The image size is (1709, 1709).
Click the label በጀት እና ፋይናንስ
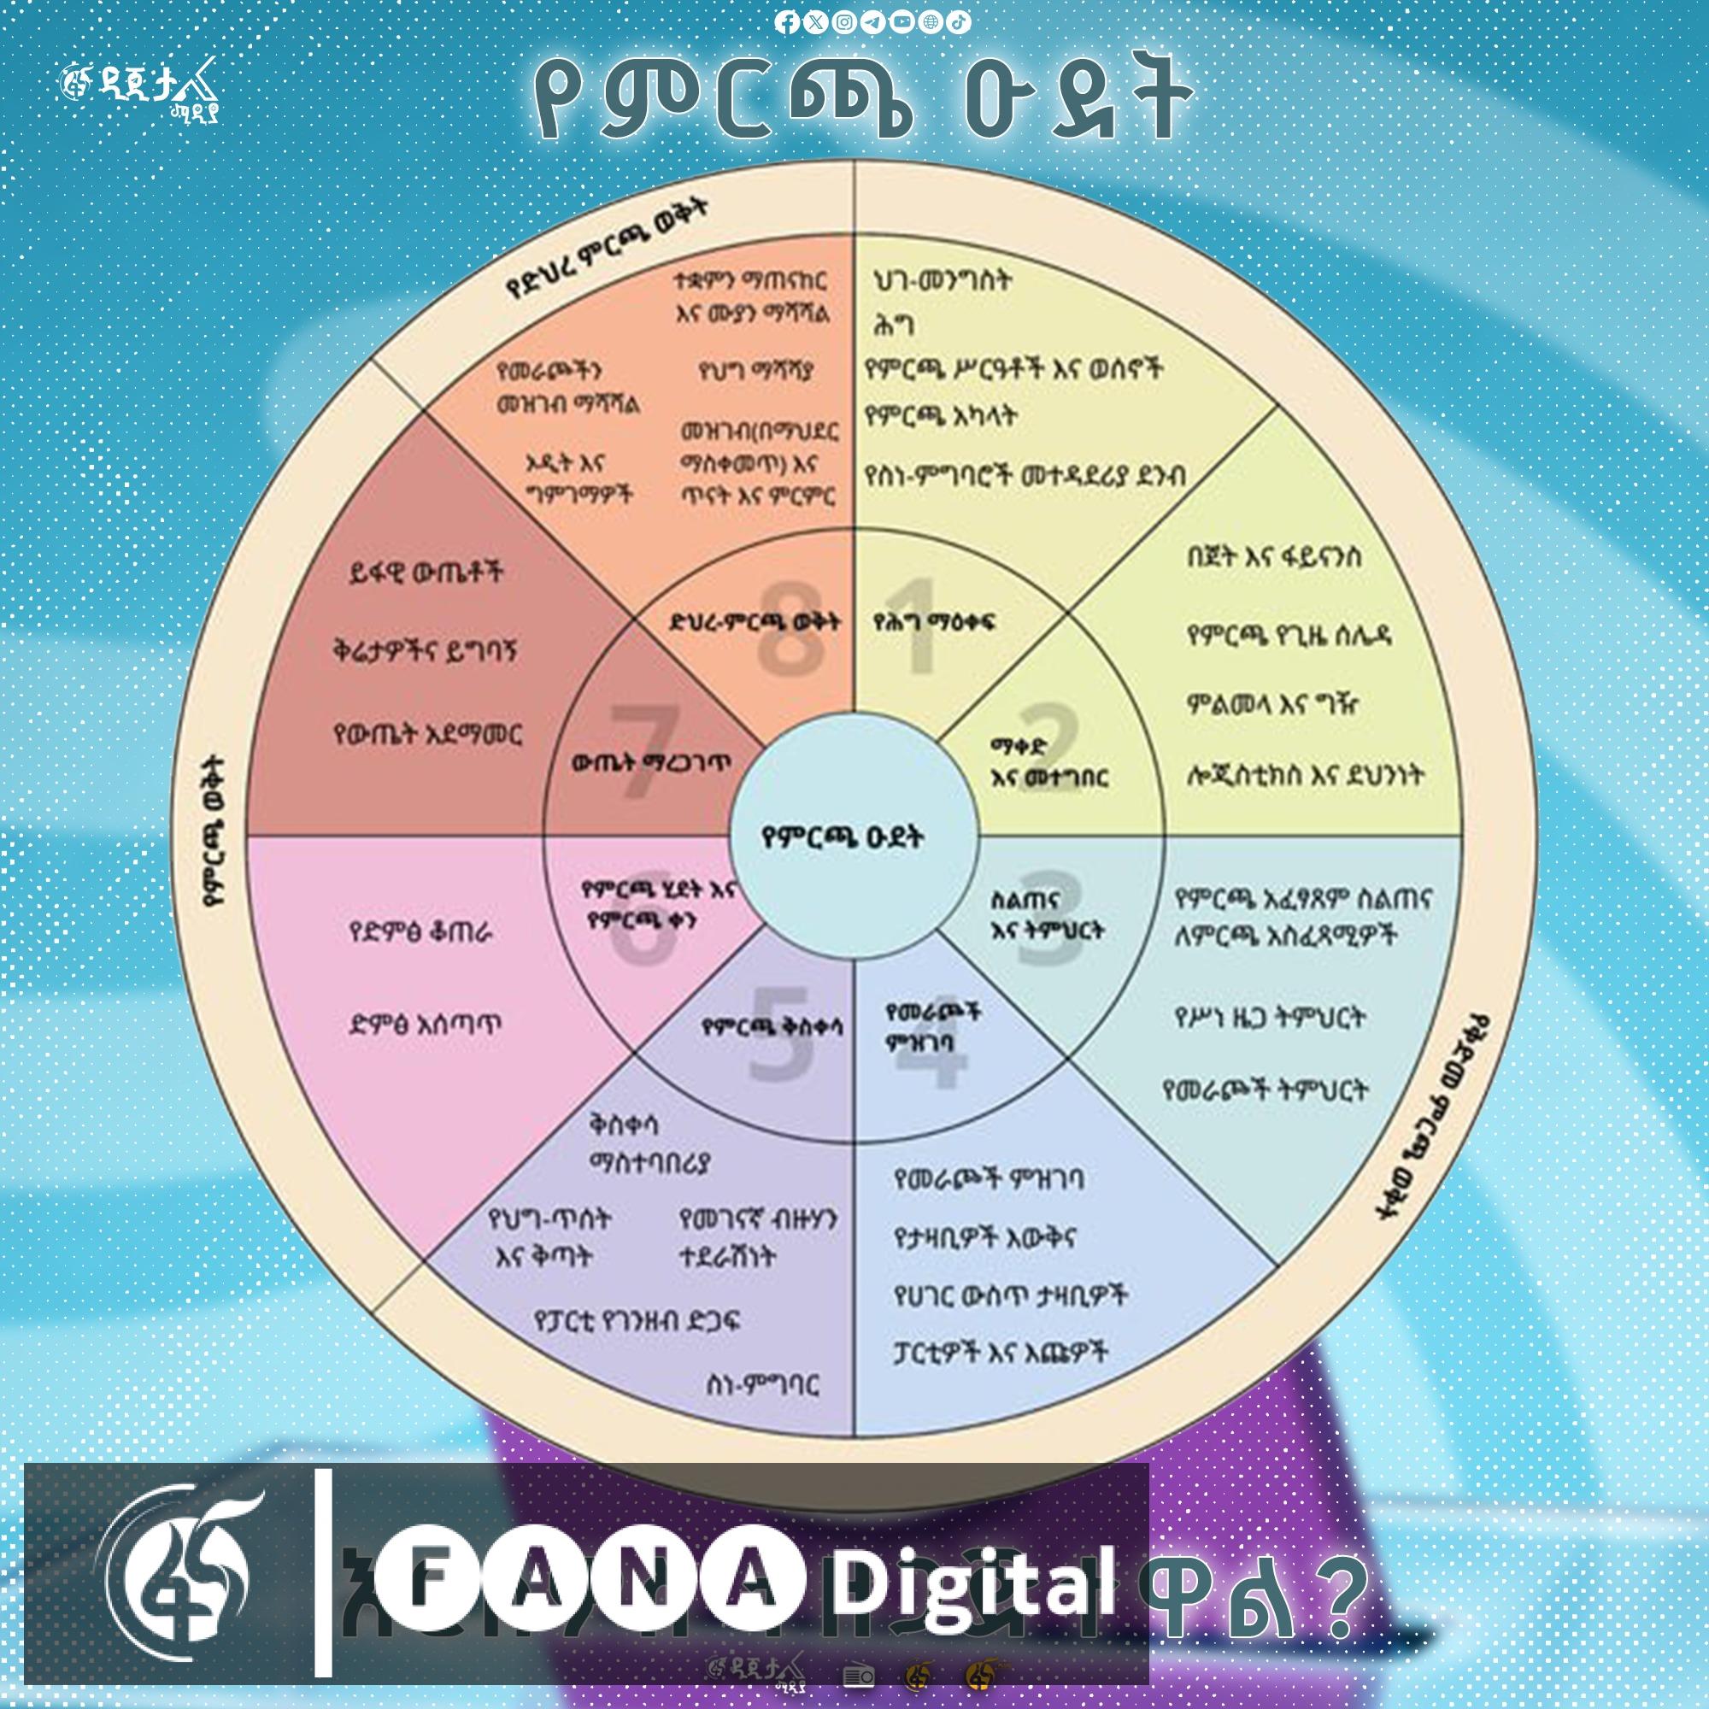(x=1274, y=557)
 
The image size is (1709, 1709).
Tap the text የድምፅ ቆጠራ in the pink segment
(x=420, y=932)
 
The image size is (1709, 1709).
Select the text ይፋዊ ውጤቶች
(x=426, y=573)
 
